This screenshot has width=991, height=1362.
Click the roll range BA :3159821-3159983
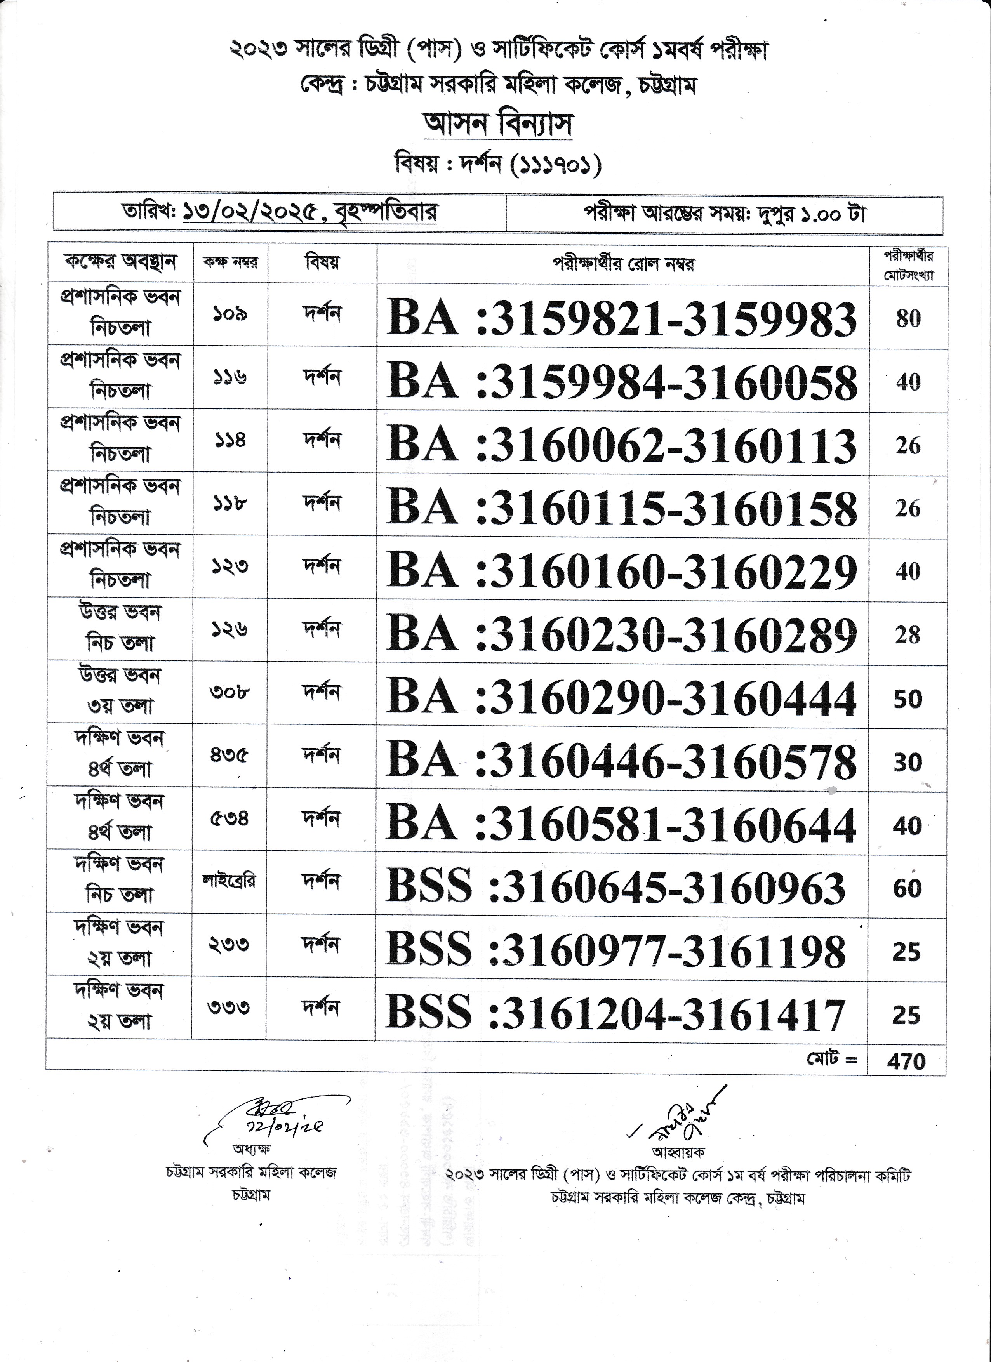click(x=622, y=318)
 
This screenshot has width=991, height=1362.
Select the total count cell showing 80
click(x=908, y=318)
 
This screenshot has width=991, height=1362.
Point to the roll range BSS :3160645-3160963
click(x=615, y=888)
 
